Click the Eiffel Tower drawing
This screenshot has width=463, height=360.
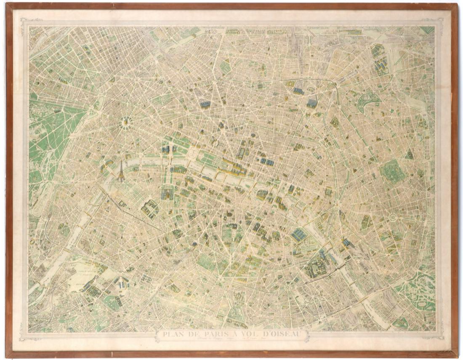click(121, 171)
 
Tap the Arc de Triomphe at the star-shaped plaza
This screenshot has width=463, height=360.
click(125, 122)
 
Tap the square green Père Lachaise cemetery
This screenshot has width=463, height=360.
click(392, 171)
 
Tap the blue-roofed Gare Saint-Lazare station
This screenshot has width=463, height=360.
click(205, 104)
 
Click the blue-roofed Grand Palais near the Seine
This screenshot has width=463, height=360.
click(165, 149)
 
